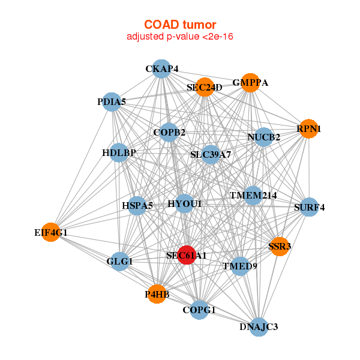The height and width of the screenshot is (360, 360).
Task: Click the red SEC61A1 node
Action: (187, 255)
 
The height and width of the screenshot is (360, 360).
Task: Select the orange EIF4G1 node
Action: (51, 232)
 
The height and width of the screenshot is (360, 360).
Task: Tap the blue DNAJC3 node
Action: (259, 326)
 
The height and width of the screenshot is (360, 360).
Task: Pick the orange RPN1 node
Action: (308, 128)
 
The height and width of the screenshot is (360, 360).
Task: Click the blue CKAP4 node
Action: (161, 69)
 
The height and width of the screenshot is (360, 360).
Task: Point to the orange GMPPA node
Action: (250, 82)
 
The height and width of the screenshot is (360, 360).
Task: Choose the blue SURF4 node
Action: (309, 208)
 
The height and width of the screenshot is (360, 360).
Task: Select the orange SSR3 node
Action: (280, 246)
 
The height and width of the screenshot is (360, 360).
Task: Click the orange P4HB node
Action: (156, 294)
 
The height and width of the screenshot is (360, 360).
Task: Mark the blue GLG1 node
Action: (120, 261)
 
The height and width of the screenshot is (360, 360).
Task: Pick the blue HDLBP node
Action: (119, 152)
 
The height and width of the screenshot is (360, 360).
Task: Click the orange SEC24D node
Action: (205, 87)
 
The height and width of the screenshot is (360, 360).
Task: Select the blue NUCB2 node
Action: (264, 137)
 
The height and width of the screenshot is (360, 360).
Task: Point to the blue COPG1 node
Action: (199, 310)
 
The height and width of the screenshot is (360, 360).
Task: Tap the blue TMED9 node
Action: (240, 266)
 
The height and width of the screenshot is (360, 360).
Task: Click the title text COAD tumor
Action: (180, 25)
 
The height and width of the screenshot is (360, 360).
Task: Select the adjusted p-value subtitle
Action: (180, 37)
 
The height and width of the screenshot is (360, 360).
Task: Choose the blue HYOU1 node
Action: (185, 204)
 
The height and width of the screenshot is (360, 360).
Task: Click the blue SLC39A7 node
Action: (211, 154)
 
